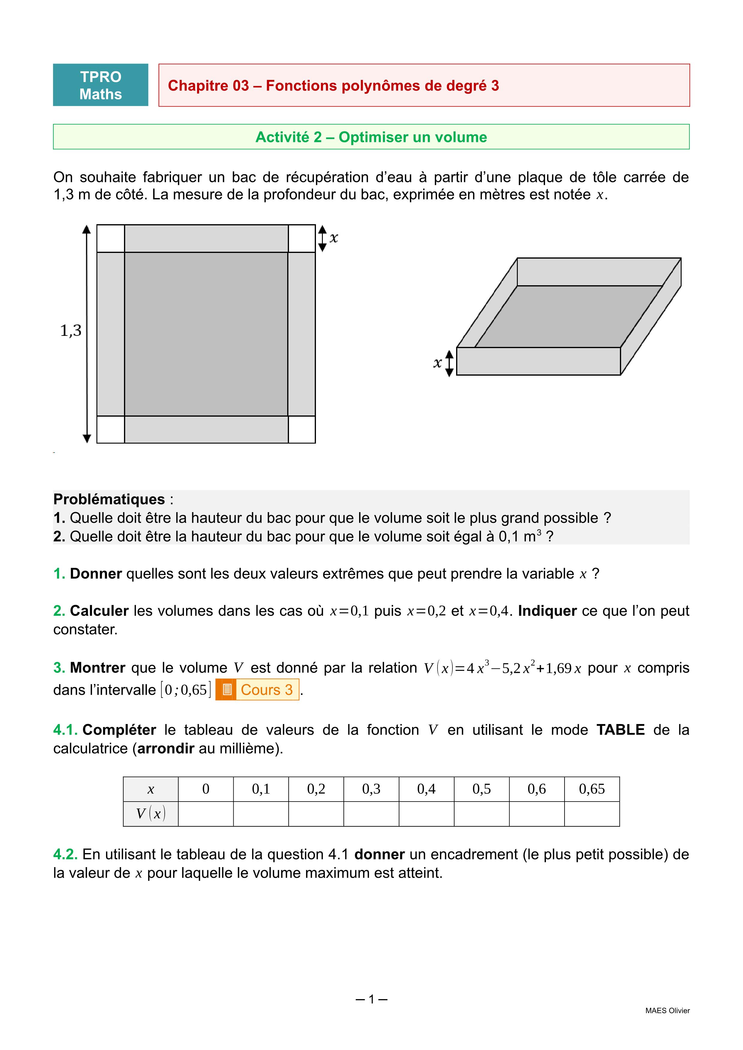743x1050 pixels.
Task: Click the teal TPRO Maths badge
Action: (x=100, y=85)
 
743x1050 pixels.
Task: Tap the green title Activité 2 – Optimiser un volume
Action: (x=371, y=137)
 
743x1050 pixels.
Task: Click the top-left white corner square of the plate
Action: (x=111, y=238)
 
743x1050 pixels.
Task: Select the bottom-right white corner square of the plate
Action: (x=302, y=430)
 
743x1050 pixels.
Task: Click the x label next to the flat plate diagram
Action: (x=334, y=238)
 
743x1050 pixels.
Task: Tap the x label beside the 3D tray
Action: (x=437, y=363)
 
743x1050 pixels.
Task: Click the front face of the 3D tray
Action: (x=538, y=361)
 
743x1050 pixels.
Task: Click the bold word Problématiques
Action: (x=109, y=499)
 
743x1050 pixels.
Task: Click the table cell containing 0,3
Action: (x=371, y=789)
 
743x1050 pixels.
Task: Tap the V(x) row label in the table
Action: (x=151, y=814)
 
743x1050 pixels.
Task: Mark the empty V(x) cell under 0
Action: (x=206, y=814)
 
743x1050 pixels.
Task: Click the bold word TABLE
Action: (x=621, y=730)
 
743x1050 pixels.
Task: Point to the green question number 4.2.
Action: (x=65, y=854)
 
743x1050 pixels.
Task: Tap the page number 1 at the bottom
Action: (x=371, y=999)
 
